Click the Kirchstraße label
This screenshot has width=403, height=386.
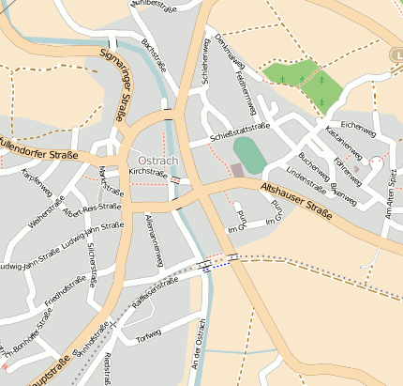point(147,173)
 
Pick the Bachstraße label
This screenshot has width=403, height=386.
point(152,55)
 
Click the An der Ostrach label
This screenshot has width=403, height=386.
point(198,357)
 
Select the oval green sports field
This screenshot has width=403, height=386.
point(248,154)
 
